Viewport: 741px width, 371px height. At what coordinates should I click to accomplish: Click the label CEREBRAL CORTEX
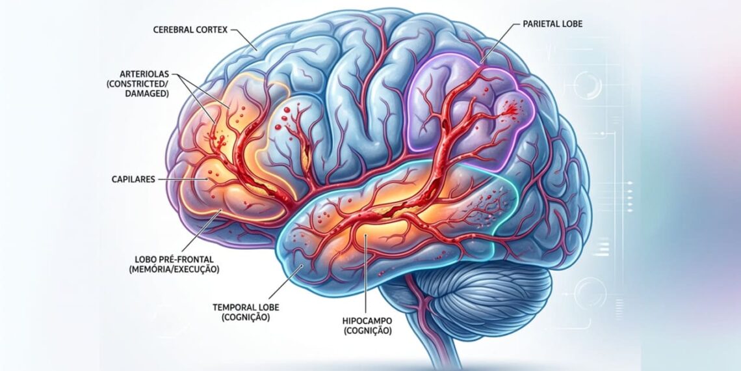(190, 30)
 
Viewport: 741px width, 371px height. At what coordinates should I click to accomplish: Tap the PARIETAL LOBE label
(552, 23)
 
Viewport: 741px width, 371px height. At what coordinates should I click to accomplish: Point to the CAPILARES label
(133, 180)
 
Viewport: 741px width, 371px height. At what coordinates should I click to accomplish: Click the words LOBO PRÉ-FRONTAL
(174, 259)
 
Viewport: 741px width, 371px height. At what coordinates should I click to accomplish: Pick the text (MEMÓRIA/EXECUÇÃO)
(174, 269)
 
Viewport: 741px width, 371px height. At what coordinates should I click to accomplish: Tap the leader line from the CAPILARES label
(183, 180)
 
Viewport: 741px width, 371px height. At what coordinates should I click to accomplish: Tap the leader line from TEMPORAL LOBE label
(283, 284)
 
